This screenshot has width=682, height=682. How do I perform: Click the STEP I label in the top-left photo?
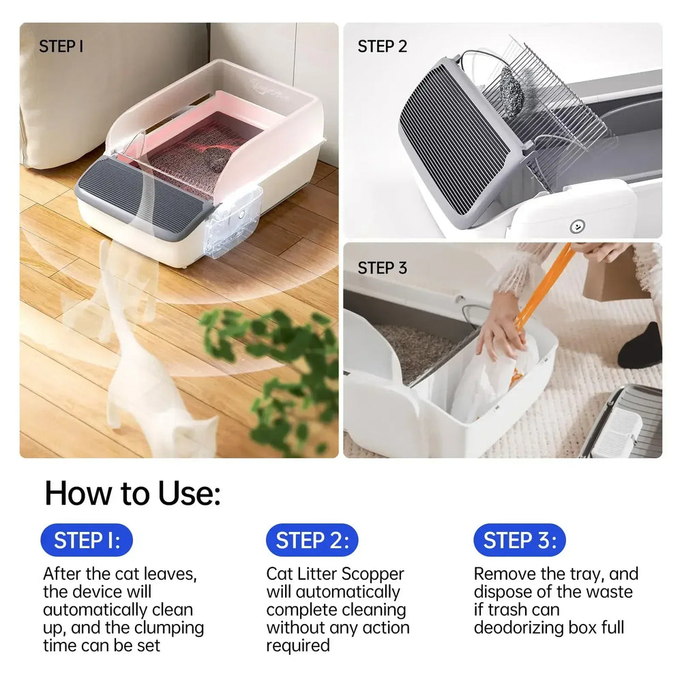pos(61,46)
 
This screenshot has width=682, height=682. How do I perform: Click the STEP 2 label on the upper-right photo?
pos(382,46)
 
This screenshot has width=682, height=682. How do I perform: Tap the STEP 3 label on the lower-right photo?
pos(382,267)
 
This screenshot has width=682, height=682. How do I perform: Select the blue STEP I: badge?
pos(87,541)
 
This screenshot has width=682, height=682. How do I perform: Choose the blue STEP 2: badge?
pos(312,541)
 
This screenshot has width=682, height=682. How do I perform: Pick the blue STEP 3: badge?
pos(520,541)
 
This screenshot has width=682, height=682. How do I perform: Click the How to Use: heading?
pos(132,492)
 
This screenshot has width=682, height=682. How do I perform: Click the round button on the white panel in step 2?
pos(578,225)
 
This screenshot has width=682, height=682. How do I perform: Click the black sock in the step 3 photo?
pos(641,348)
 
